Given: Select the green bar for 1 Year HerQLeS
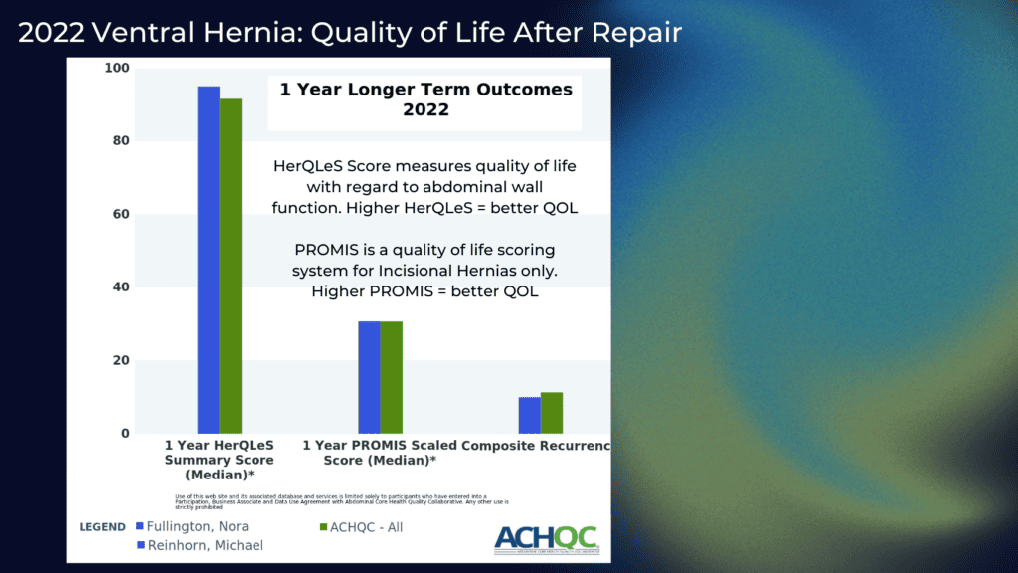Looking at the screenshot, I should (x=231, y=266).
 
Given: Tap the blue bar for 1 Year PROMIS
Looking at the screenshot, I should (x=369, y=377).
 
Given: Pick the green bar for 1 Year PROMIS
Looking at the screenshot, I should (x=391, y=377).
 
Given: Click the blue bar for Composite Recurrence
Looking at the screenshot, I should (x=529, y=415).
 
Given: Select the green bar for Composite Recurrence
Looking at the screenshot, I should (x=552, y=413).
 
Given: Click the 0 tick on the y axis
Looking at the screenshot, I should (x=125, y=434).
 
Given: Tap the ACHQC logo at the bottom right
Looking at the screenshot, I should (x=546, y=538).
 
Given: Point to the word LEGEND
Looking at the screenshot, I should (x=102, y=527).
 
